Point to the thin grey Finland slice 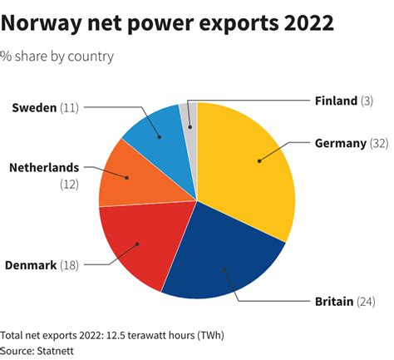pos(190,116)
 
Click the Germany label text pos(340,143)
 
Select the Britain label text pos(332,301)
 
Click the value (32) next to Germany pos(379,143)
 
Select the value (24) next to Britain pos(366,301)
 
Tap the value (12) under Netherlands pos(68,184)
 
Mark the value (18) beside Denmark pos(69,265)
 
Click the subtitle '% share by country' pos(57,57)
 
